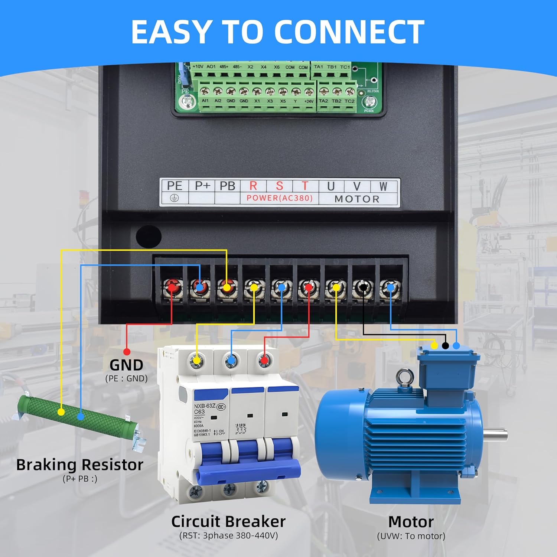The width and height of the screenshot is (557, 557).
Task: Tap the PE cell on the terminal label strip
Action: click(174, 186)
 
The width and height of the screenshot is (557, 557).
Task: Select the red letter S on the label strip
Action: click(279, 186)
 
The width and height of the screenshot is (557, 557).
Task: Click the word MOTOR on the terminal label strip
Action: click(357, 199)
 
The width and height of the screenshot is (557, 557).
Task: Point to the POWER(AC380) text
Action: click(279, 198)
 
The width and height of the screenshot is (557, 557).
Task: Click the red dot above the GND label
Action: click(127, 352)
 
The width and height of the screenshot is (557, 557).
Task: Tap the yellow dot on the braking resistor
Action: click(61, 412)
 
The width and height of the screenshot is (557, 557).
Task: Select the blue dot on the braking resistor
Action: click(81, 417)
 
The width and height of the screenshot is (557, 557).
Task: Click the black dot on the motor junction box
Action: click(445, 346)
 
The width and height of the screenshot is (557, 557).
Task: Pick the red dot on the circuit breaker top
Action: click(264, 360)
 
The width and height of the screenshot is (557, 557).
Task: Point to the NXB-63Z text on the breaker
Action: click(205, 406)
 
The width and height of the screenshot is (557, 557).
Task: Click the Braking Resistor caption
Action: click(79, 465)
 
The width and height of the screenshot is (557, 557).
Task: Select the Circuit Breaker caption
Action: click(228, 521)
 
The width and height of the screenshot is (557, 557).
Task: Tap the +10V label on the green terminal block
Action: click(198, 67)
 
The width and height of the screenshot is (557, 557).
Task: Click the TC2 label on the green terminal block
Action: click(349, 101)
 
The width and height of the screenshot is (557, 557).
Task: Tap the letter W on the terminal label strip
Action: click(383, 186)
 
